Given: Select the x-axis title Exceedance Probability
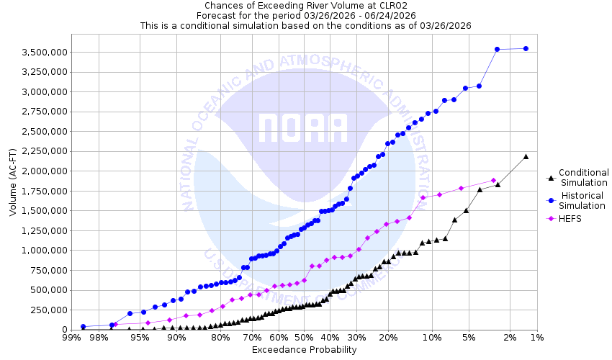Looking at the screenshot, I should pos(304,350).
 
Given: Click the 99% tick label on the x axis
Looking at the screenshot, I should pos(71,338).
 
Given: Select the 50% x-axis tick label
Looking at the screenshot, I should pos(304,338).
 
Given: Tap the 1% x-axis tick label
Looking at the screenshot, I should pos(536,338).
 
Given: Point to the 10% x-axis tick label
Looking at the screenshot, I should pos(432,338).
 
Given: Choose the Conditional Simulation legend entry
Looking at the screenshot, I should pos(583,177).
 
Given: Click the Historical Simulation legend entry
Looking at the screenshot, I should pos(583,201).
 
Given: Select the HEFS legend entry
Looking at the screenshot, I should pos(570,219).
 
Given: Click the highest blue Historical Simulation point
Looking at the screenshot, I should pos(526,49).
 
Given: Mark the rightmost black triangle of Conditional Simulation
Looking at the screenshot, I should pos(526,156).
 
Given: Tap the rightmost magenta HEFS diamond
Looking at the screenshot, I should pos(493,181).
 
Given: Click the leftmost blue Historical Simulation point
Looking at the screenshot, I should pos(84,326).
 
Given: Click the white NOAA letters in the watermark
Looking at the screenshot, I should pos(303,128).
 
